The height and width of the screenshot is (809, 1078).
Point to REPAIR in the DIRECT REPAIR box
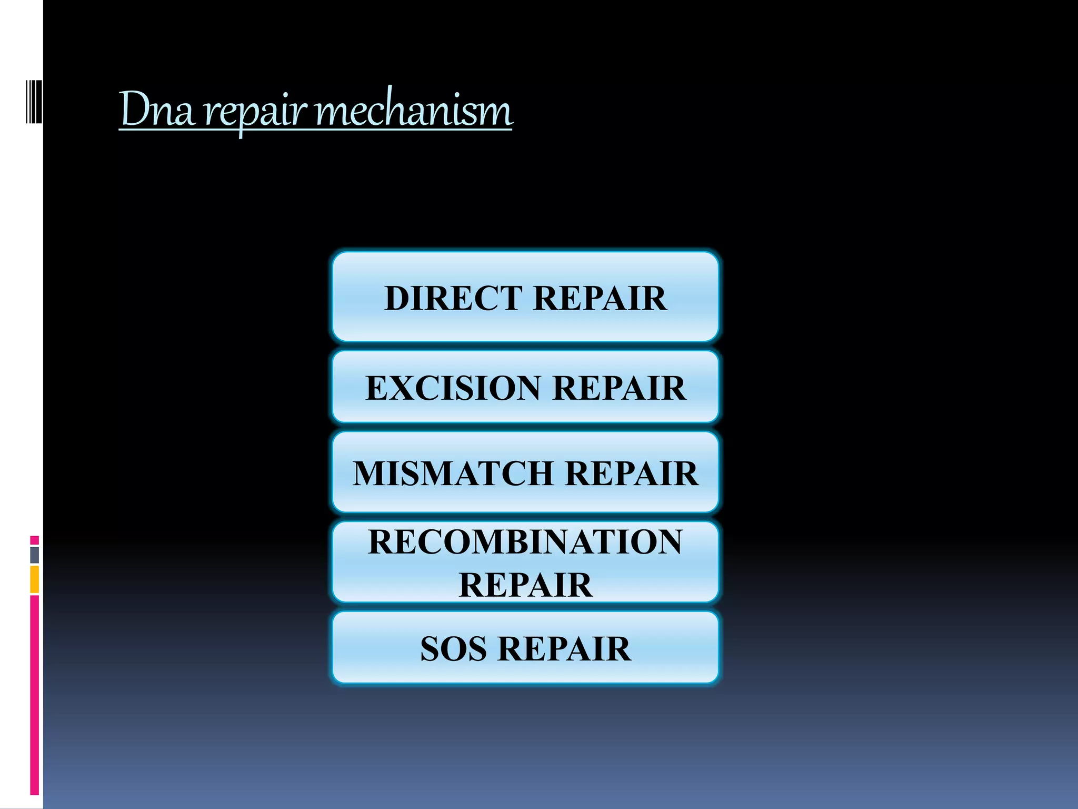point(600,298)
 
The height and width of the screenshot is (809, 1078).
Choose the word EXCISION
point(453,388)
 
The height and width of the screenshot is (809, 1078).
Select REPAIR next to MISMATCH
point(631,473)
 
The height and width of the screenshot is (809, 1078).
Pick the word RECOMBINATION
point(525,541)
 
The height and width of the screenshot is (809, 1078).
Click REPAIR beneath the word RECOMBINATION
point(525,585)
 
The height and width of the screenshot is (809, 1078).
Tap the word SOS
point(453,648)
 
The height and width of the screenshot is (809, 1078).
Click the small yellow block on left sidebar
point(34,579)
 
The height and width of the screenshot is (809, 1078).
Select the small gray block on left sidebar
point(34,555)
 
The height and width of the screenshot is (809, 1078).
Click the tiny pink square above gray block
point(34,540)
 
